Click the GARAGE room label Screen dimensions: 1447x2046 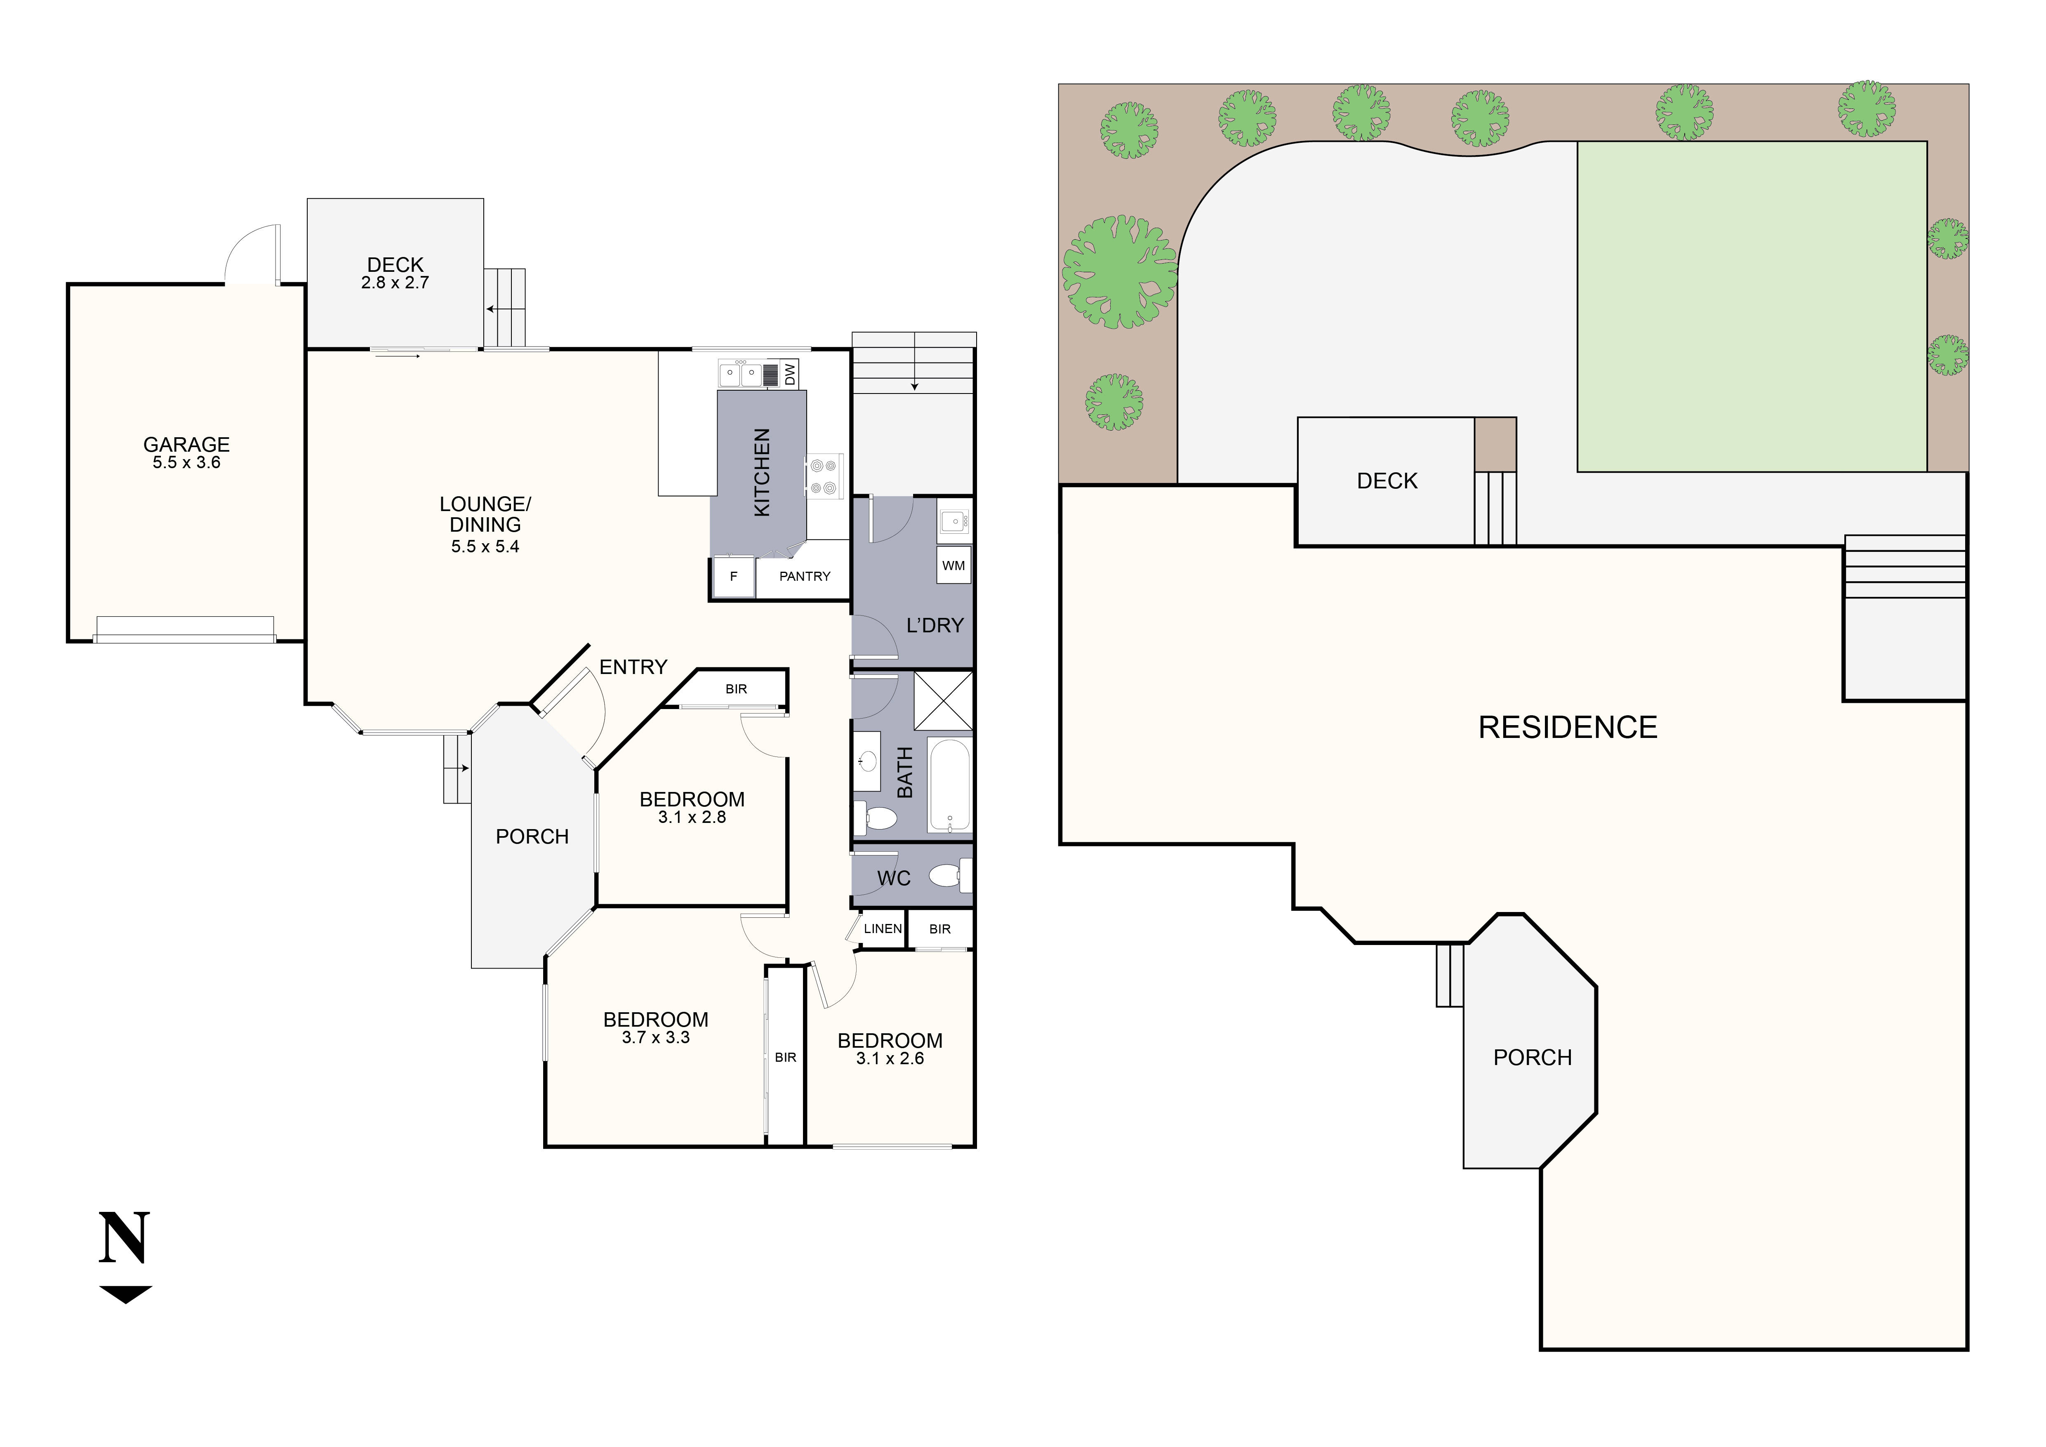point(186,444)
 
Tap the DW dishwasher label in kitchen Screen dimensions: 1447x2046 point(789,374)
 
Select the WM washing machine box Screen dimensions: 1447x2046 point(954,566)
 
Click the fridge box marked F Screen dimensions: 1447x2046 point(733,577)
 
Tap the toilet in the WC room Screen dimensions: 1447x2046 point(948,876)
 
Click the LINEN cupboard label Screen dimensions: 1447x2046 point(882,929)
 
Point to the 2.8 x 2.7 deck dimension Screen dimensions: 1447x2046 point(395,283)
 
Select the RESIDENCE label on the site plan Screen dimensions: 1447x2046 point(1568,727)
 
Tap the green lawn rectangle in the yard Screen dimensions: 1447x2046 point(1752,306)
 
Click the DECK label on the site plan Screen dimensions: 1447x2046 point(1387,481)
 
